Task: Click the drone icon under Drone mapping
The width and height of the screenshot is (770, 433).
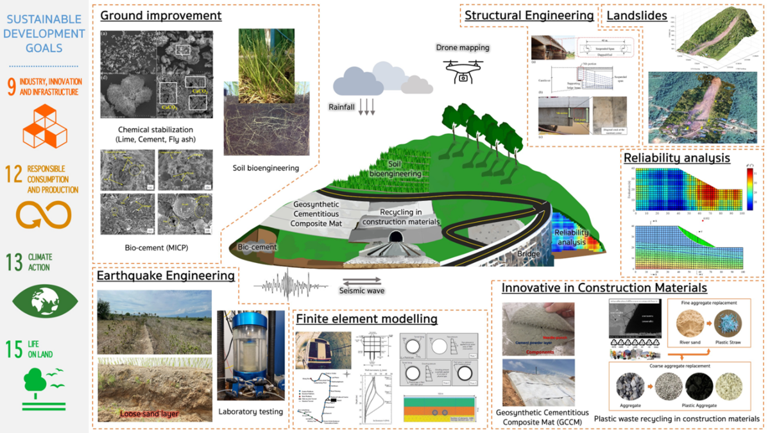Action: point(462,70)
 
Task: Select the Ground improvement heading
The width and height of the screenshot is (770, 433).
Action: point(160,16)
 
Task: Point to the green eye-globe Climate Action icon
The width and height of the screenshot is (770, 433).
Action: point(44,301)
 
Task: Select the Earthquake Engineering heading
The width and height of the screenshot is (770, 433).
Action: point(165,276)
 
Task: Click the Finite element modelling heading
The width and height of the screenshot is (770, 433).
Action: point(366,319)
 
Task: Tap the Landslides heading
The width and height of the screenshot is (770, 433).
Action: point(632,16)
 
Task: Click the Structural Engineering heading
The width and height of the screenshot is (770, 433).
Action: point(529,16)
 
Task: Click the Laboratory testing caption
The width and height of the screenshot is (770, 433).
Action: point(250,412)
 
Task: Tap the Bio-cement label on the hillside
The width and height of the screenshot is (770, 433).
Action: point(257,247)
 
